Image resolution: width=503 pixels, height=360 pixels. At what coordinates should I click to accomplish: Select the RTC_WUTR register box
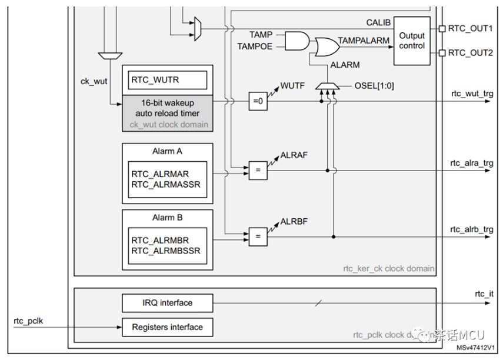pyautogui.click(x=164, y=79)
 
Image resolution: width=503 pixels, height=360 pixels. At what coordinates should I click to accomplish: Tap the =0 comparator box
pyautogui.click(x=257, y=101)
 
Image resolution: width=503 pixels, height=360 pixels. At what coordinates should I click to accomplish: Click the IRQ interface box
pyautogui.click(x=167, y=303)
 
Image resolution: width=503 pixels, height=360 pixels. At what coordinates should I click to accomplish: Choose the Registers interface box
pyautogui.click(x=167, y=327)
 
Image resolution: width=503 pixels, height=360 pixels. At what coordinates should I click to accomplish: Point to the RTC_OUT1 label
pyautogui.click(x=471, y=28)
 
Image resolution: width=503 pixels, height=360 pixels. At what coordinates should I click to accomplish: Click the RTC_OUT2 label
pyautogui.click(x=471, y=53)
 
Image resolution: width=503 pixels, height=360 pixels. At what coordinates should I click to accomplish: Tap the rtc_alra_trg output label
pyautogui.click(x=472, y=164)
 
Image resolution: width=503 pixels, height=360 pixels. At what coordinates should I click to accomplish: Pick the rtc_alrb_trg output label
pyautogui.click(x=472, y=229)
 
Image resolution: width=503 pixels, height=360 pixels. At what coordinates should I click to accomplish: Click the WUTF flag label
pyautogui.click(x=292, y=86)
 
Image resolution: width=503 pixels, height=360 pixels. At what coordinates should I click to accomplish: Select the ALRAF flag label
pyautogui.click(x=294, y=155)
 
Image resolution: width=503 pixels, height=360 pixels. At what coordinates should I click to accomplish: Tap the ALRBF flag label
pyautogui.click(x=294, y=222)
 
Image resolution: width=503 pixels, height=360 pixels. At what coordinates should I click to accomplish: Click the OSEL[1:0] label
pyautogui.click(x=375, y=86)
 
